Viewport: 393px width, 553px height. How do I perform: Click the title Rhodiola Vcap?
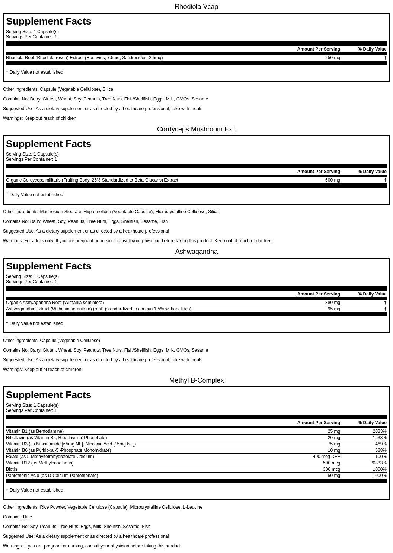(x=196, y=7)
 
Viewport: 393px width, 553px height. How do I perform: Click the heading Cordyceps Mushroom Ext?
(x=196, y=129)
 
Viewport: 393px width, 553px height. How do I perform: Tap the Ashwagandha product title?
(x=196, y=252)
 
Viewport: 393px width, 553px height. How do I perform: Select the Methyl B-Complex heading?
(x=196, y=380)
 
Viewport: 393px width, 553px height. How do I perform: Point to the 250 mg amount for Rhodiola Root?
(x=332, y=58)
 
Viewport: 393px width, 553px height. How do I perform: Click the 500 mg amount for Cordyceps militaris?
(x=332, y=180)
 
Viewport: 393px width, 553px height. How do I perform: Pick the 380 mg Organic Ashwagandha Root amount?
(x=332, y=303)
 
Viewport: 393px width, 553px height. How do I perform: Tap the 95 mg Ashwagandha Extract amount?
(x=334, y=309)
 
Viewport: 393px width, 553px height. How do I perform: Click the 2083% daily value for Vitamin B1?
(x=379, y=431)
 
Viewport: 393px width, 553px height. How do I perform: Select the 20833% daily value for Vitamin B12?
(x=378, y=463)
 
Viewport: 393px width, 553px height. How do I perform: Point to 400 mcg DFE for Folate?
(x=326, y=457)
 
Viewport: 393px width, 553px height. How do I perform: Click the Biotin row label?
(x=12, y=469)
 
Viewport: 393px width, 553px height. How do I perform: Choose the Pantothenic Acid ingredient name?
(x=52, y=476)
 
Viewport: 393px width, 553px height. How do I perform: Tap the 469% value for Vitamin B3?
(x=381, y=444)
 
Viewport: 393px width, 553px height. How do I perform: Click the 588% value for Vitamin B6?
(x=381, y=450)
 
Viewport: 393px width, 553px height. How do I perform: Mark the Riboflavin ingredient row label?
(x=56, y=438)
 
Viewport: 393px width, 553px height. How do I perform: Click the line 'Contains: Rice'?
(x=17, y=517)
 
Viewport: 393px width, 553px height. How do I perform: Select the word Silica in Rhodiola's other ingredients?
(x=108, y=89)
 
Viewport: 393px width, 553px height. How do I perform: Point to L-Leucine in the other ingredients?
(x=192, y=507)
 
